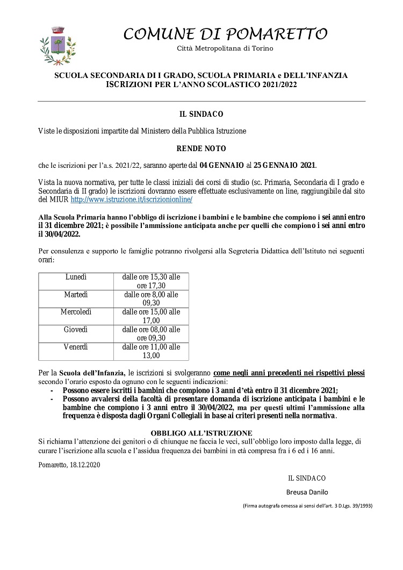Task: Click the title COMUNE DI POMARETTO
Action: pos(225,34)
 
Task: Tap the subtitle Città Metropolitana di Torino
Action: pos(225,49)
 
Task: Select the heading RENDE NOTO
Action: pos(201,148)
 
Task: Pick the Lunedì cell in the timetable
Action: pos(76,276)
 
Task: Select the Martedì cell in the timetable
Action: pos(76,295)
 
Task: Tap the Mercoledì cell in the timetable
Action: pos(76,312)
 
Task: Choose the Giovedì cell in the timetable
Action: pos(76,329)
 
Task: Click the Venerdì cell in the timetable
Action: pos(76,347)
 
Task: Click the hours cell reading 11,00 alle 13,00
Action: pos(151,351)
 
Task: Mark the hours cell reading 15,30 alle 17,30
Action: pos(151,281)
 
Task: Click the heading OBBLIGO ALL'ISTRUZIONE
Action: pos(201,432)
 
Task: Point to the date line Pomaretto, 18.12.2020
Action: pos(69,465)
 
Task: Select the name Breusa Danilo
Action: pos(307,491)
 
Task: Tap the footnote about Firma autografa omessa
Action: pos(308,506)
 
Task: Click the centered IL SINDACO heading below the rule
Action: pos(201,114)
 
